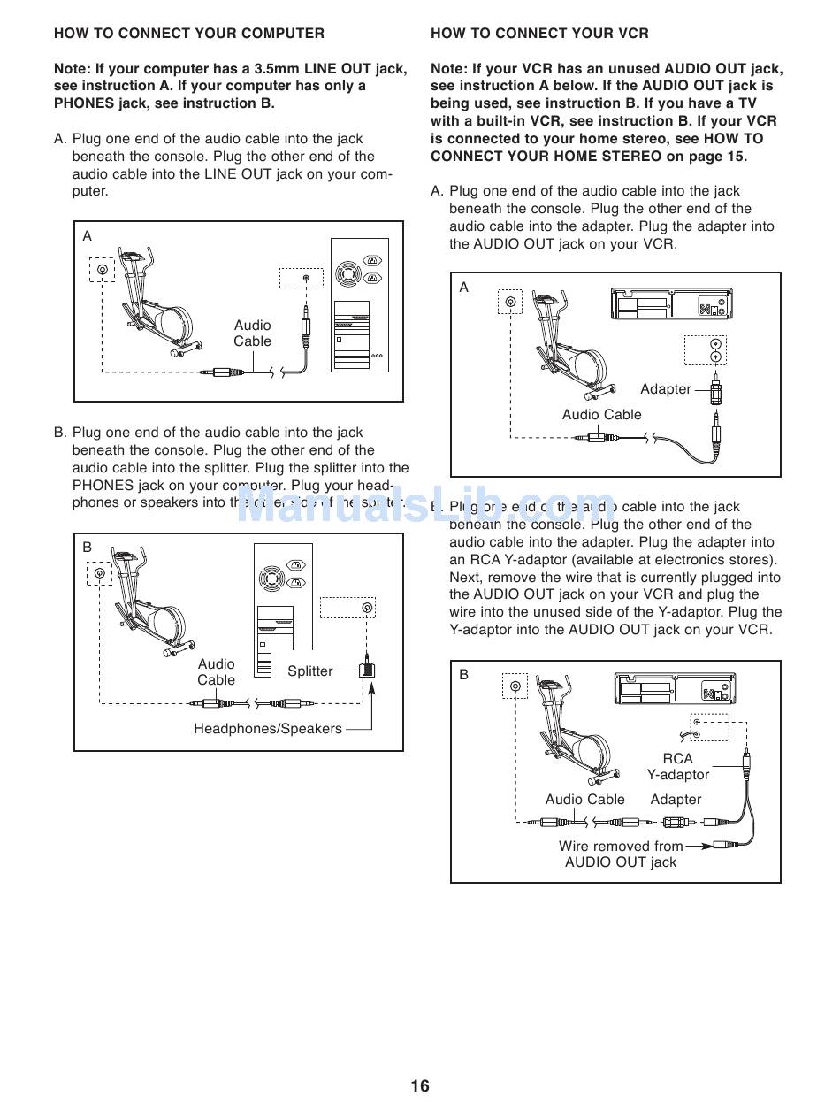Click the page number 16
[x=419, y=1085]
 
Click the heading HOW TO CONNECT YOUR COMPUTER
[x=189, y=34]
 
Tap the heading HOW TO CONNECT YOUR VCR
[x=539, y=34]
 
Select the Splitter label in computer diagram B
[x=310, y=671]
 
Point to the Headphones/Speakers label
[x=267, y=729]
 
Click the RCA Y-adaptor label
[x=677, y=767]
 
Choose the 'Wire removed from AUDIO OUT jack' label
[x=621, y=854]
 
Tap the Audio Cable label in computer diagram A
[x=252, y=333]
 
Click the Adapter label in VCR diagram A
[x=665, y=389]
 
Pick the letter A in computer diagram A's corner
[x=88, y=236]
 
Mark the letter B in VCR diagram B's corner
[x=463, y=674]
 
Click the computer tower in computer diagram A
[x=360, y=305]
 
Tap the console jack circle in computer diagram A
[x=103, y=270]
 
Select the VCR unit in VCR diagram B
[x=676, y=689]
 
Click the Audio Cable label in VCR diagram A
[x=601, y=415]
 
